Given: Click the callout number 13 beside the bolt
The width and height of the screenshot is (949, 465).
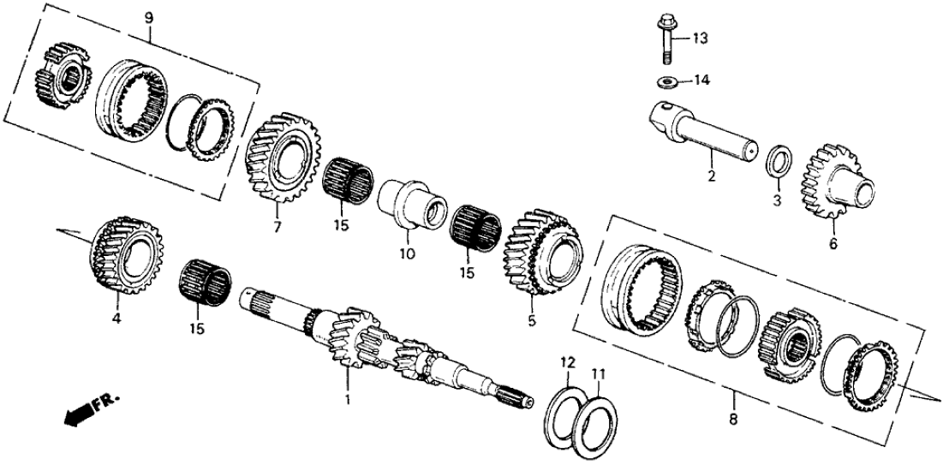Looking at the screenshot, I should [701, 38].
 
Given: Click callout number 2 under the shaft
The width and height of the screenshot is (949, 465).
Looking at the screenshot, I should [710, 178].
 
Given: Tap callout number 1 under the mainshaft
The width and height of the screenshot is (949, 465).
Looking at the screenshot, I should [347, 400].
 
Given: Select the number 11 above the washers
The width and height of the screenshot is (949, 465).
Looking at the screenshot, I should [599, 373].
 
